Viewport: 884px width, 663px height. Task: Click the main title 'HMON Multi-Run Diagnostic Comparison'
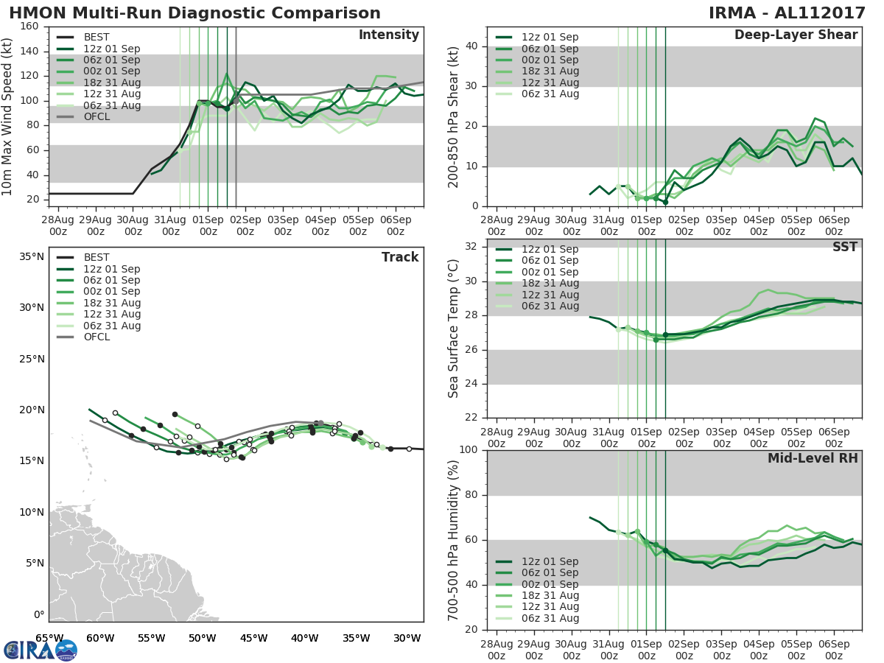click(195, 13)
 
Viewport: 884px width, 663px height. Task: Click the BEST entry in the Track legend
click(97, 257)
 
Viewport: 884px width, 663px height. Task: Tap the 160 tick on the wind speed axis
click(30, 27)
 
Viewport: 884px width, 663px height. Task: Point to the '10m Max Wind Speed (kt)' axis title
click(8, 116)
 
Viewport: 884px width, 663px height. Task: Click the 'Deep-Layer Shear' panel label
click(796, 35)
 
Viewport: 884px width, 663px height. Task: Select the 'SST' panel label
click(846, 247)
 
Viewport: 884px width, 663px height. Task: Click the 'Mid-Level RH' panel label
click(813, 458)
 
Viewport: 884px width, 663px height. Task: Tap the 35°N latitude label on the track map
click(32, 257)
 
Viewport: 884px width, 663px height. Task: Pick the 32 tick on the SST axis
click(471, 247)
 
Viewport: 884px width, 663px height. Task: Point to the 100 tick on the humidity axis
click(467, 450)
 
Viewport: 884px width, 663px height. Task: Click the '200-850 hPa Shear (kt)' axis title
click(454, 116)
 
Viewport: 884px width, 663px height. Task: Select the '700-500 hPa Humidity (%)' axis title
click(454, 539)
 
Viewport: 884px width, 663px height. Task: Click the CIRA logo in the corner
click(41, 650)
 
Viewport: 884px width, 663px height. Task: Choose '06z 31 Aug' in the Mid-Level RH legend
click(550, 618)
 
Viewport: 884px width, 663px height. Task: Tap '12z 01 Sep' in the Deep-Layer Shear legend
click(550, 38)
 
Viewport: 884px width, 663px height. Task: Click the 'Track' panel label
click(400, 257)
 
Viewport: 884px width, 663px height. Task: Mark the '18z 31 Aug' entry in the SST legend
click(550, 283)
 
